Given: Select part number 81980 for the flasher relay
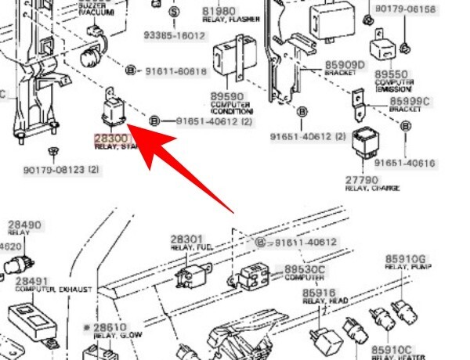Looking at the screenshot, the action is pos(219,12).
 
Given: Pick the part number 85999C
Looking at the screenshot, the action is pos(410,101).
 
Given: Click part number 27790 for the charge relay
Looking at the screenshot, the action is pos(362,181).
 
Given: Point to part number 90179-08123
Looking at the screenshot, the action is pos(51,170).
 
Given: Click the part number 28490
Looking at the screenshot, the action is pos(24,225).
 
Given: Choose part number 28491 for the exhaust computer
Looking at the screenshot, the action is pos(32,280).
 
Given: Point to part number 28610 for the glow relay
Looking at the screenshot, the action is pos(110,327).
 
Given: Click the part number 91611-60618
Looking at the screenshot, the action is pos(176,71).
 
